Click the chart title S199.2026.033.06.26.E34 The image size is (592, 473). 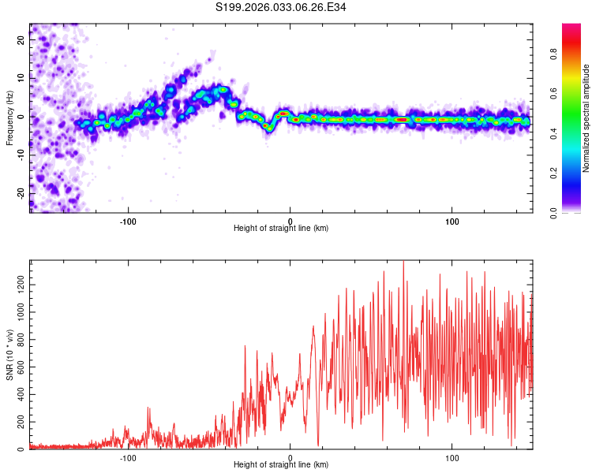coord(281,7)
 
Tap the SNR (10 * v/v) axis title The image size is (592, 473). coord(9,355)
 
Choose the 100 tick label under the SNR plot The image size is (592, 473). coord(452,457)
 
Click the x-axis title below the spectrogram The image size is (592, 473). coord(281,228)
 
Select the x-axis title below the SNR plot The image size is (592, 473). coord(281,465)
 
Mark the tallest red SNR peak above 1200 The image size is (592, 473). coord(403,263)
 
